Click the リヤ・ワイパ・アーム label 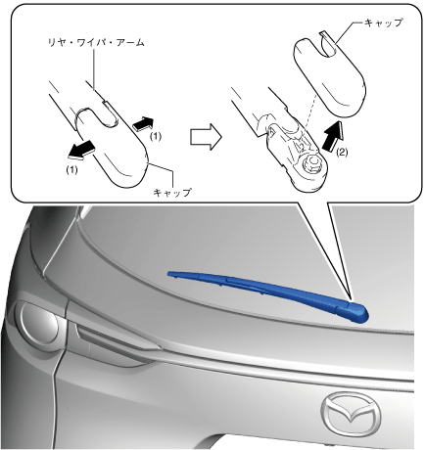96,43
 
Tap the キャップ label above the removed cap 383,22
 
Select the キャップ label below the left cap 172,193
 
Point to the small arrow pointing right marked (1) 143,124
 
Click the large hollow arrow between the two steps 206,137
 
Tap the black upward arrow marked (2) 333,135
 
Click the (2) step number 342,153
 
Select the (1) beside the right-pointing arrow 156,136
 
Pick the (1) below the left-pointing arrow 71,170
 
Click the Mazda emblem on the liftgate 351,414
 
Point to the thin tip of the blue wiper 169,274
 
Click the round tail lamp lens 39,325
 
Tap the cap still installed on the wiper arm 113,149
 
